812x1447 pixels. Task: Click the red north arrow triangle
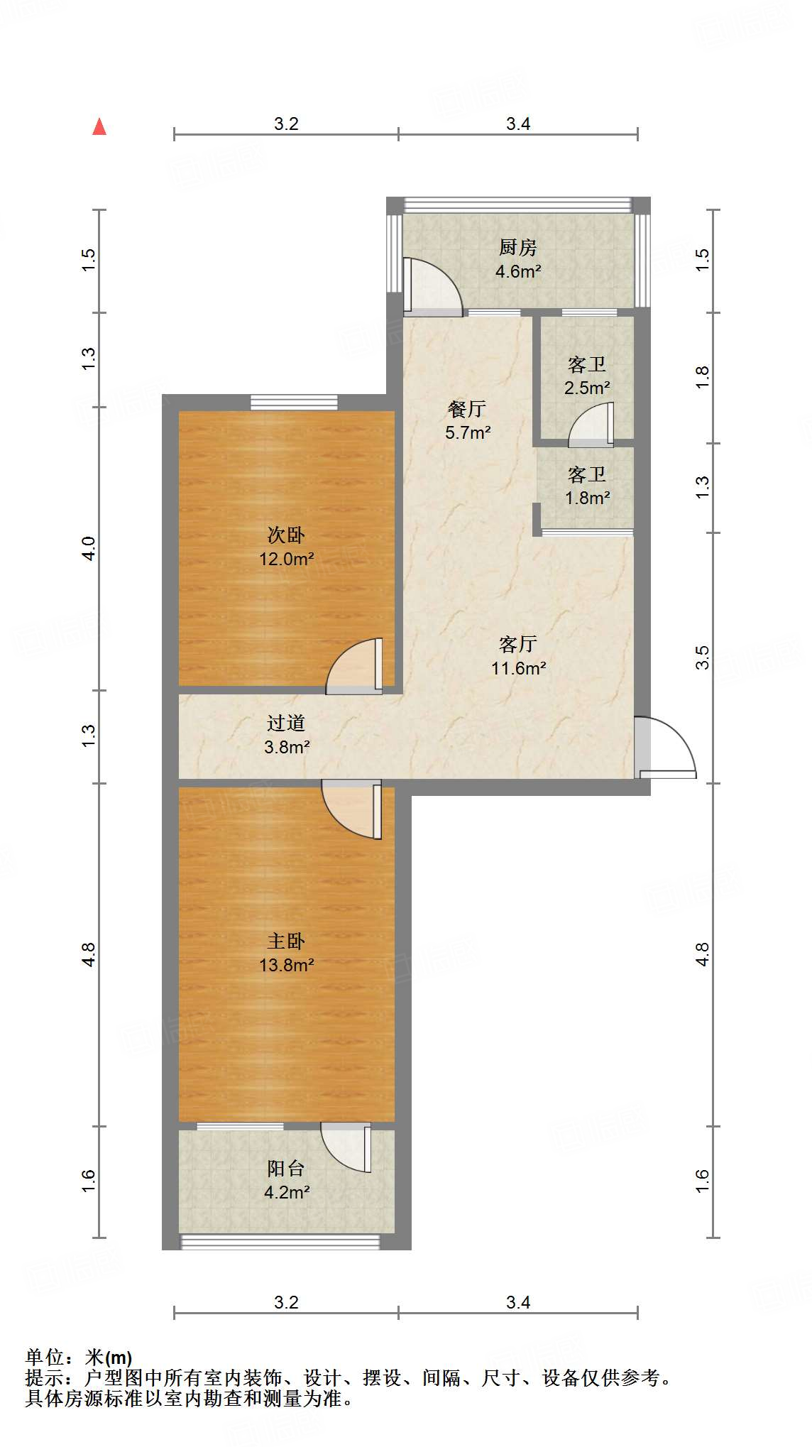pos(99,127)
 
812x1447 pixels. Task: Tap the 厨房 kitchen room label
pos(517,248)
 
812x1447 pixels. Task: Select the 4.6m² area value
pos(518,271)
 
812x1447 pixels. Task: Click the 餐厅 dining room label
pos(467,409)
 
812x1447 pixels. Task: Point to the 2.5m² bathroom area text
pos(587,388)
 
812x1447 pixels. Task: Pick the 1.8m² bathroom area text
pos(587,498)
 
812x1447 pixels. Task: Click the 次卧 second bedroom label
pos(286,535)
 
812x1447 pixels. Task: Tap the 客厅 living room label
pos(518,644)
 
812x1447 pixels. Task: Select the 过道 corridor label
pos(286,723)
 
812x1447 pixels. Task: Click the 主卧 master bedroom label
pos(286,941)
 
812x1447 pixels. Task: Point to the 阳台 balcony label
pos(286,1168)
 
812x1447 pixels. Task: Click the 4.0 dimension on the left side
pos(89,548)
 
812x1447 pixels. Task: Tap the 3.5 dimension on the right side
pos(702,657)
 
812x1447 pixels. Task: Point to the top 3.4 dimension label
pos(518,124)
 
